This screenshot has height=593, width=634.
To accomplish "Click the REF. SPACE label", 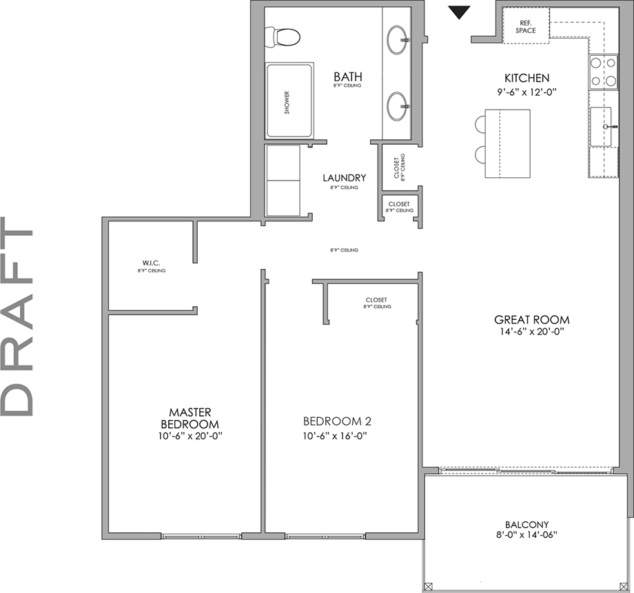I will (x=526, y=26).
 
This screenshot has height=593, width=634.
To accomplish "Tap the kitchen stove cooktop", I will (x=602, y=72).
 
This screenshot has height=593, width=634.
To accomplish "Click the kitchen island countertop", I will (x=507, y=143).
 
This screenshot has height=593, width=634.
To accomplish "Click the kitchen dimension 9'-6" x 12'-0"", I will (x=526, y=90).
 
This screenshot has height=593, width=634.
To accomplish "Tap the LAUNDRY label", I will (x=344, y=178).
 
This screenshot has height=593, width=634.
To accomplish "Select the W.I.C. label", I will (x=151, y=263).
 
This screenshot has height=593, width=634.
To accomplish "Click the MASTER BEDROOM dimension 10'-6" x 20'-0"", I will (x=190, y=436).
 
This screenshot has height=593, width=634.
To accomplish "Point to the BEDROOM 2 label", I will (x=334, y=421).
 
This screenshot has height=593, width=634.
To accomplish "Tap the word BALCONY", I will (x=526, y=524).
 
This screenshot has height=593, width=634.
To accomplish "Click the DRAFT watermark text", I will (x=19, y=317).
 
